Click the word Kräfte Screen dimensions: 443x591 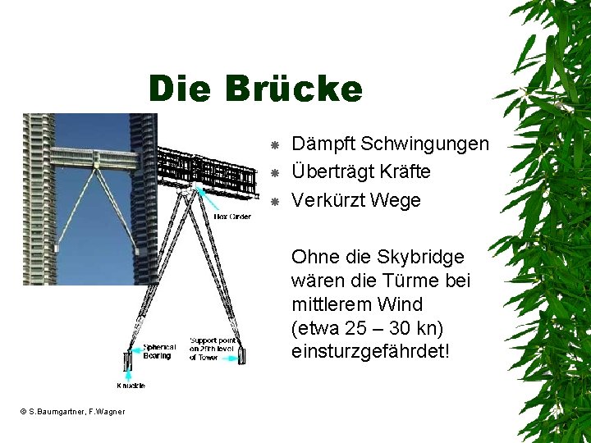pos(405,172)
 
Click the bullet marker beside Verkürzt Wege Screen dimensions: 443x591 pos(276,201)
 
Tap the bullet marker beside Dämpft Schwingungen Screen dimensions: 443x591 pos(276,145)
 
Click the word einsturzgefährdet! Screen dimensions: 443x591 pos(370,352)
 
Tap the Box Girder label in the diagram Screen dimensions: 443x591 pos(232,217)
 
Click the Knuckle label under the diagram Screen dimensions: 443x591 pos(131,386)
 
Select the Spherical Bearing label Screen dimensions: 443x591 pos(159,351)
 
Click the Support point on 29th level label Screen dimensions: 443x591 pos(212,349)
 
